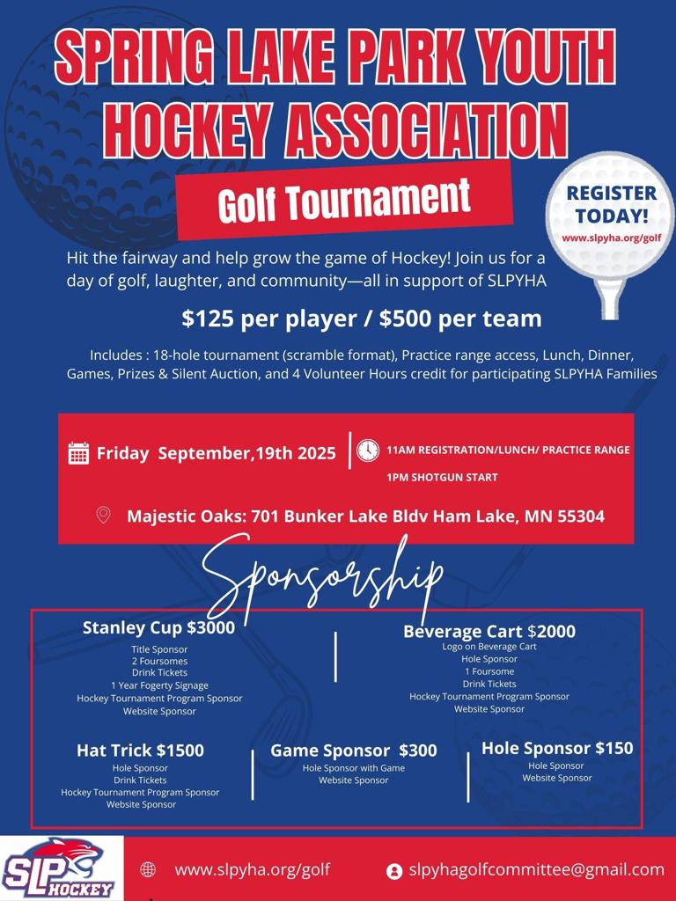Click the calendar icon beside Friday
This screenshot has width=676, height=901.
pos(78,453)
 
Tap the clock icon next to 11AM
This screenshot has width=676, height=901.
pos(368,450)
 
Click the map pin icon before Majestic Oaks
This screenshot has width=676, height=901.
pos(103,516)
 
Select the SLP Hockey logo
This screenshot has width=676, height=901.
pos(61,868)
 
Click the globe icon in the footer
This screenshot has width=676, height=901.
pos(148,869)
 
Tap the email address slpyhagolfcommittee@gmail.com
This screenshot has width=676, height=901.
pos(536,869)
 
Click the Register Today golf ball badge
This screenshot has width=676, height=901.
pos(610,215)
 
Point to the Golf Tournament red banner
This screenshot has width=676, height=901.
pos(344,201)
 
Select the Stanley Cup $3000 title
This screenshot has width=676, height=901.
pos(158,627)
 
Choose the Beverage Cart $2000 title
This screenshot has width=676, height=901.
pos(489,631)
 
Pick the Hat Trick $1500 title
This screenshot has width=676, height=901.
pos(140,751)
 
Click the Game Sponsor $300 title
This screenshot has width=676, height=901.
pos(353,751)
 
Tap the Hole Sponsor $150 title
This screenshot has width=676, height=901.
pos(557,749)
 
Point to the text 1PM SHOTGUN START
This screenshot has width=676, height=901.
pos(442,478)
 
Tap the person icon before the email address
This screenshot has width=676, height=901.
pos(394,870)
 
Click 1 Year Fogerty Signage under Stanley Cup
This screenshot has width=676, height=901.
pos(159,685)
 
